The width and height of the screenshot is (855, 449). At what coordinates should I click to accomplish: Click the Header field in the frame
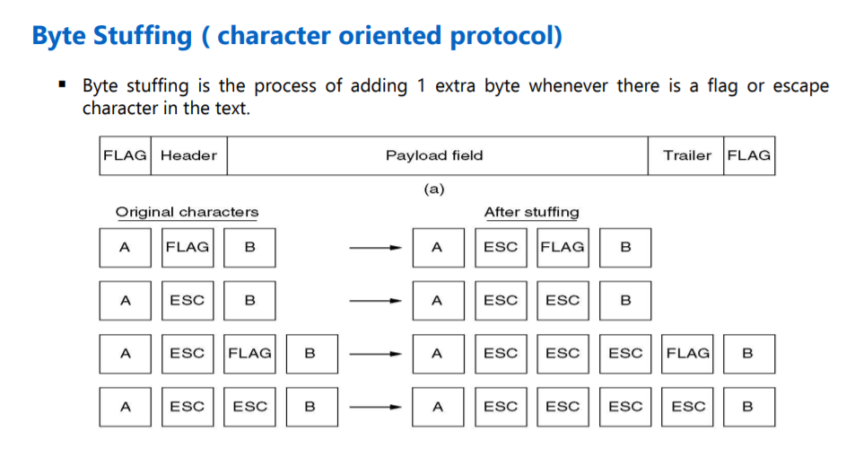pos(188,155)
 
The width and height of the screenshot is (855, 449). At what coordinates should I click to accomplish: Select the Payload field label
pos(434,155)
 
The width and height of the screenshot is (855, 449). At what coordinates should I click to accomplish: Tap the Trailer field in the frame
pos(686,155)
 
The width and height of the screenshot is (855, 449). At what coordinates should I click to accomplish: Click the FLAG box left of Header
pos(125,155)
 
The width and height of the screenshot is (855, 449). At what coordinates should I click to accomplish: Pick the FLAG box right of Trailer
pos(749,155)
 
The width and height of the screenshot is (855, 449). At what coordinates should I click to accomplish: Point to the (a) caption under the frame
pos(434,189)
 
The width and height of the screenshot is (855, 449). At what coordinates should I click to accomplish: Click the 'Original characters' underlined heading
pos(187,213)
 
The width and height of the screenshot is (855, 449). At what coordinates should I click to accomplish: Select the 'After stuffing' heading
pos(531,213)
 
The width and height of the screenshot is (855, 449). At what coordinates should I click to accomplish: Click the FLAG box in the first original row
pos(188,248)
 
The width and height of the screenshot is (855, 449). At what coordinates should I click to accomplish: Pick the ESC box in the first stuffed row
pos(500,248)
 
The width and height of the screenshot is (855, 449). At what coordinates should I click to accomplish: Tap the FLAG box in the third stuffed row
pos(688,354)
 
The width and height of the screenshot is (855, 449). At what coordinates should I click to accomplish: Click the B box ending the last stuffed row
pos(748,407)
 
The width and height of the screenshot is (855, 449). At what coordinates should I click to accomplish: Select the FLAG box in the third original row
pos(249,354)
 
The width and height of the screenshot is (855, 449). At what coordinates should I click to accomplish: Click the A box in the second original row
pos(125,301)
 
